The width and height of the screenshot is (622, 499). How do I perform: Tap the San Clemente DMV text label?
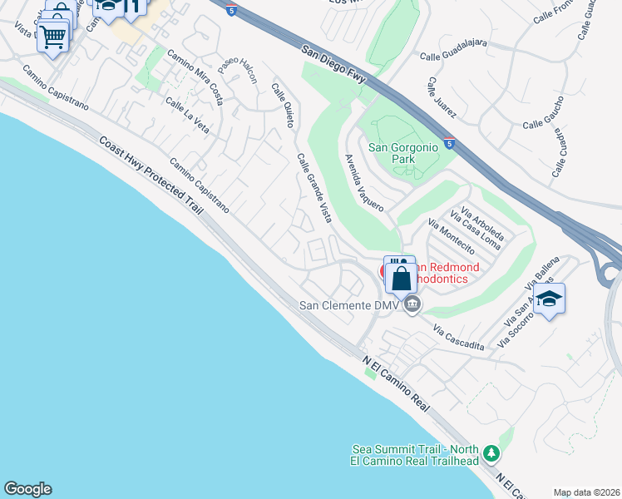(350, 305)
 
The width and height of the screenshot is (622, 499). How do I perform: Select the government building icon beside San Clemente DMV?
(412, 307)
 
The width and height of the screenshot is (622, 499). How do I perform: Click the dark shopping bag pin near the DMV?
(401, 279)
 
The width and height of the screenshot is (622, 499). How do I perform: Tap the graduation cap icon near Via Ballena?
(550, 298)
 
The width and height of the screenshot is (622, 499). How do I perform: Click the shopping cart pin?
(52, 36)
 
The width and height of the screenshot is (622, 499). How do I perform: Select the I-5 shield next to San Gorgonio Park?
(449, 143)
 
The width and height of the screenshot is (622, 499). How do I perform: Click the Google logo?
(27, 489)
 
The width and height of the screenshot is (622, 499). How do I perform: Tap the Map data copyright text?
(587, 492)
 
